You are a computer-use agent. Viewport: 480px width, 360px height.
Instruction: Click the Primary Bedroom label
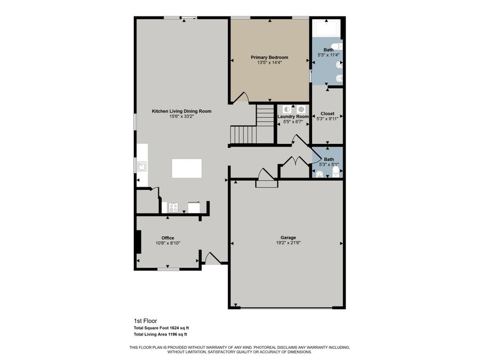point(269,57)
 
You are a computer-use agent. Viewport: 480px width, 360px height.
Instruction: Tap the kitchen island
point(187,168)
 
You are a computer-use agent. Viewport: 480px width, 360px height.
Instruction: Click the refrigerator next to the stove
point(194,207)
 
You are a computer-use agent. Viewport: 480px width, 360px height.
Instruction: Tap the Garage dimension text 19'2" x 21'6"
point(288,243)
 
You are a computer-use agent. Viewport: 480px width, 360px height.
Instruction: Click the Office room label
point(168,238)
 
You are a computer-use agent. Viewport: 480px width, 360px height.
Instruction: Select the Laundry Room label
point(293,116)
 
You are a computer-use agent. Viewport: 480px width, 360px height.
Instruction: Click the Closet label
point(327,114)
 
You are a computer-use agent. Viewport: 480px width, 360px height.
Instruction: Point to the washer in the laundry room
point(287,109)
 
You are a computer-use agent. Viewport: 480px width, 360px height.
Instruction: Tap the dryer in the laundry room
point(300,109)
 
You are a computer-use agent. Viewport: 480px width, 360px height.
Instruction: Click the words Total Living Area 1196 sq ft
point(160,334)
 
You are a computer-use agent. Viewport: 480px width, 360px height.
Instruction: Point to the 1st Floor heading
point(145,321)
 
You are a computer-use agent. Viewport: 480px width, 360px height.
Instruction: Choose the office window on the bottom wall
point(168,269)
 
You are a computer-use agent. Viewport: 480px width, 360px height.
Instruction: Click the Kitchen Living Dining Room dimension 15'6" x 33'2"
point(181,117)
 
